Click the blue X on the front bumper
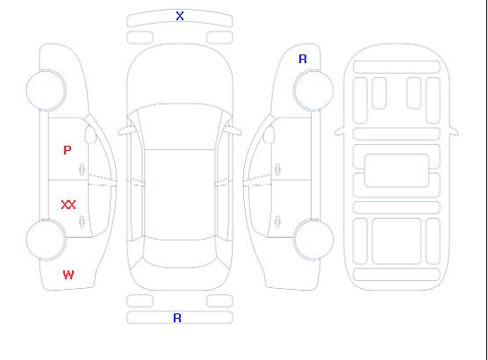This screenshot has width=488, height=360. [180, 16]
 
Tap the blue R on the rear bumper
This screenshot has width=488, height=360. [177, 318]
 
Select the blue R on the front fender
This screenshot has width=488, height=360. [303, 59]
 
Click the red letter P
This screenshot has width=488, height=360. [68, 150]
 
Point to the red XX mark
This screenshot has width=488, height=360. [68, 205]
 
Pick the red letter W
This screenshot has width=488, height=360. [68, 275]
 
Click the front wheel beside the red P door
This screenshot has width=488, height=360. [46, 90]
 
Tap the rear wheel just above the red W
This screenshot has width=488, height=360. [46, 240]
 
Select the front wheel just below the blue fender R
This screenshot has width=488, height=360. [313, 90]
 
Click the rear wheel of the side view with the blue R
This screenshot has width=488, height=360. [313, 240]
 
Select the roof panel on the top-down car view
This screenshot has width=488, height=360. [180, 195]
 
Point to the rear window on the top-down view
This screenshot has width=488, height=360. [180, 253]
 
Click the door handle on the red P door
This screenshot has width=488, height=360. [83, 169]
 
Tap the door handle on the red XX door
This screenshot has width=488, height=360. [83, 221]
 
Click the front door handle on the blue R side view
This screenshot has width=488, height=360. [277, 169]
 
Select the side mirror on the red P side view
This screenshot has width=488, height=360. [90, 134]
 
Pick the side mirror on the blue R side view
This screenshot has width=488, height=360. [269, 134]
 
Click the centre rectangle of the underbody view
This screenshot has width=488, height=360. [397, 170]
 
